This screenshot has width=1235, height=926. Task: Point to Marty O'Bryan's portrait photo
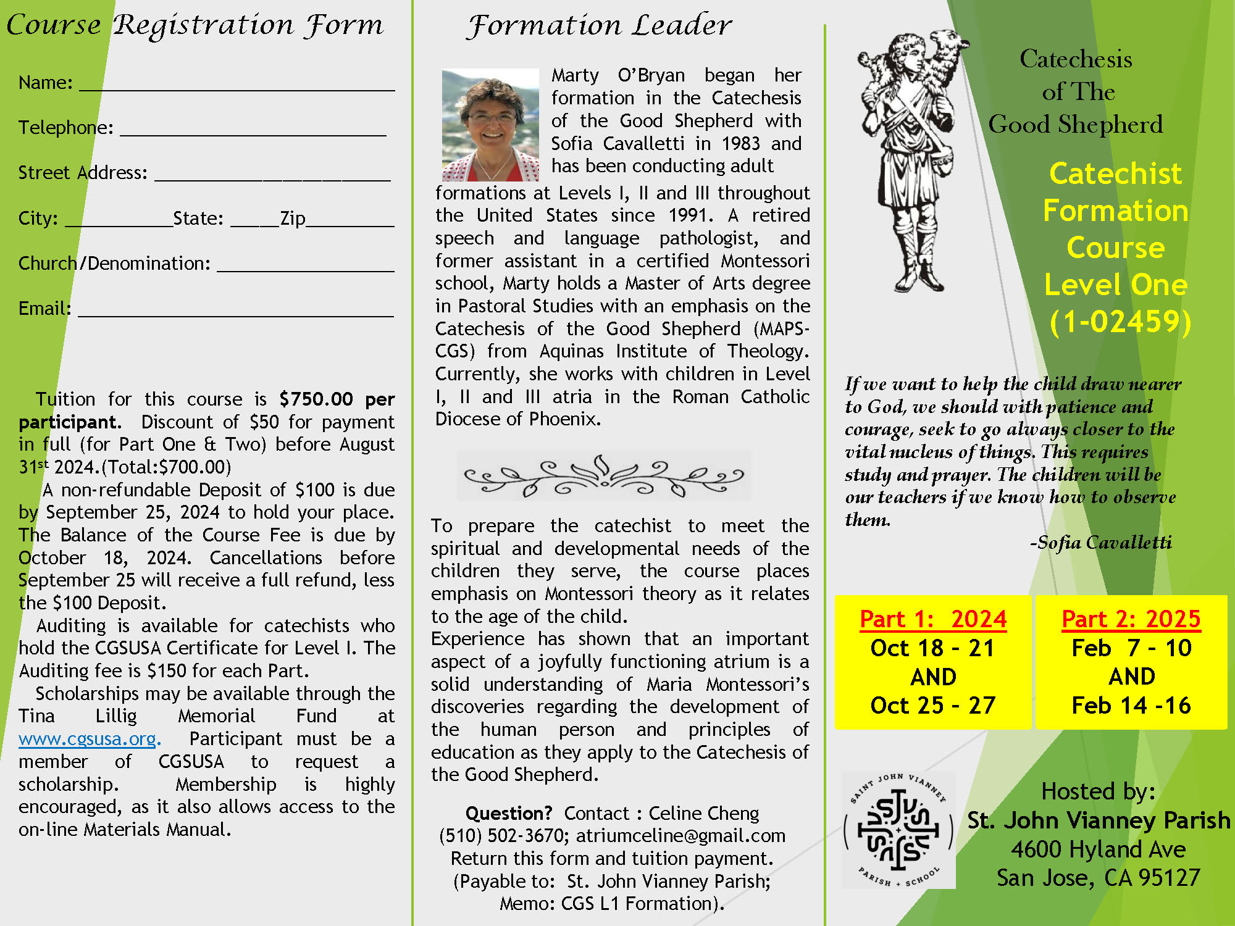pyautogui.click(x=490, y=125)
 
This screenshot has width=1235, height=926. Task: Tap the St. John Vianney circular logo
pyautogui.click(x=898, y=830)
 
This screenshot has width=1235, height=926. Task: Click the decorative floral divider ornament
pyautogui.click(x=603, y=476)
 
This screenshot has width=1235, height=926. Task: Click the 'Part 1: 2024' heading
pyautogui.click(x=933, y=619)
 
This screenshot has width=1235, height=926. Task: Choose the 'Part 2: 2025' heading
pyautogui.click(x=1131, y=619)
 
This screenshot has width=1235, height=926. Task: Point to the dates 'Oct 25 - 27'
pyautogui.click(x=932, y=705)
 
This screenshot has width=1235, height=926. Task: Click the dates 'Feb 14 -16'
pyautogui.click(x=1131, y=705)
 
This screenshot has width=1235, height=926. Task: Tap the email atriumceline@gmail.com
pyautogui.click(x=680, y=836)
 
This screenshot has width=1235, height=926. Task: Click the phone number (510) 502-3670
pyautogui.click(x=503, y=836)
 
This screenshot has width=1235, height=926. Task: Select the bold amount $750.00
pyautogui.click(x=316, y=399)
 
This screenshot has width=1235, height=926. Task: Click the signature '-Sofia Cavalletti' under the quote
pyautogui.click(x=1100, y=543)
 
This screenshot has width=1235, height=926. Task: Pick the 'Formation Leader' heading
pyautogui.click(x=599, y=26)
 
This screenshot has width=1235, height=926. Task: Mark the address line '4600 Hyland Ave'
pyautogui.click(x=1098, y=849)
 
